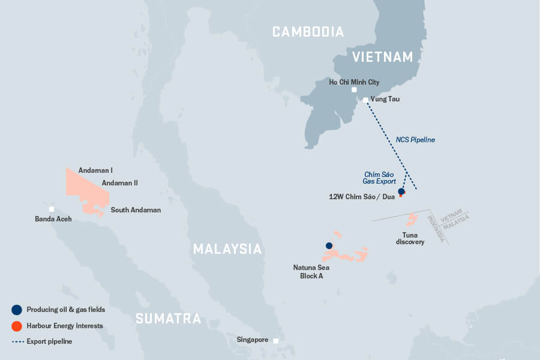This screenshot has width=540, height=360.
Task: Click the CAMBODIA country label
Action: tap(308, 32)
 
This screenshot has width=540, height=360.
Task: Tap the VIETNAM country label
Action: tap(382, 57)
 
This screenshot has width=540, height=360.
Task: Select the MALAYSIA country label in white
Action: tap(227, 248)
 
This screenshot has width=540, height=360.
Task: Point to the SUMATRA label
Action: tap(168, 319)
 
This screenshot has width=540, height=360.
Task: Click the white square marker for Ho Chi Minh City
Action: tap(354, 90)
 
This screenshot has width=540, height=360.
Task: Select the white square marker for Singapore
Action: tap(276, 341)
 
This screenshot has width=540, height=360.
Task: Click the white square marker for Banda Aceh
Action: tap(52, 209)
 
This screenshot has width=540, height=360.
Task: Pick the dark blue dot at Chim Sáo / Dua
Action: tap(401, 191)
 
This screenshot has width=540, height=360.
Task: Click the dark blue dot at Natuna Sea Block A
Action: tap(329, 245)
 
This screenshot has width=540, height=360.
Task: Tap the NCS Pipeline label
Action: tap(415, 140)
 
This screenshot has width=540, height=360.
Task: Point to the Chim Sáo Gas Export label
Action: tap(379, 177)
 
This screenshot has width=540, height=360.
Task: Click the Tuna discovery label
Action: tap(410, 238)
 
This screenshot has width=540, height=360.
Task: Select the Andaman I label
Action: tap(95, 170)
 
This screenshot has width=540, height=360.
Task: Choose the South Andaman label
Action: tap(136, 210)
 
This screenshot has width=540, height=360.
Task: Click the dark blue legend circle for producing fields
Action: tap(17, 310)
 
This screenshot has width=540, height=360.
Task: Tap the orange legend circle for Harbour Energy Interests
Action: tap(17, 326)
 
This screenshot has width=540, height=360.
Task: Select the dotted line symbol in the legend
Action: tap(17, 341)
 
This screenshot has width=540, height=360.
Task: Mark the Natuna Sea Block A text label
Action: tap(311, 271)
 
